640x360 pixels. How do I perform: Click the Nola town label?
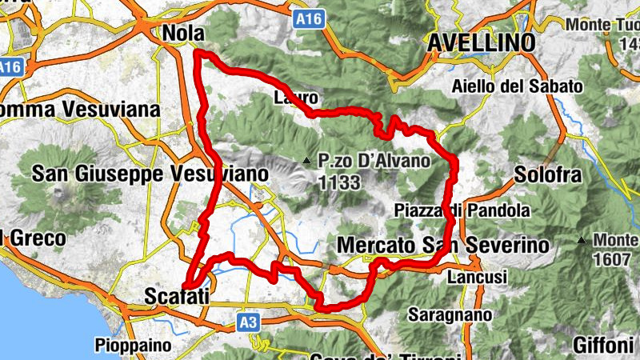pyautogui.click(x=184, y=33)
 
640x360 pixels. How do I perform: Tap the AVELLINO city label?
pyautogui.click(x=481, y=42)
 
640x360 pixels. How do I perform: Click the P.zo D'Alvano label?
pyautogui.click(x=374, y=161)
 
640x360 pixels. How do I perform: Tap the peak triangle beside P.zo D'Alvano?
pyautogui.click(x=306, y=162)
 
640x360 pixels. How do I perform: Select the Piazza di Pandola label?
pyautogui.click(x=462, y=211)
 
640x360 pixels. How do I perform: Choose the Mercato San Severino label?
pyautogui.click(x=443, y=244)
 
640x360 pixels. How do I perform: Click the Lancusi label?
pyautogui.click(x=478, y=276)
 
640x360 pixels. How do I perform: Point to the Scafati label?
pyautogui.click(x=178, y=297)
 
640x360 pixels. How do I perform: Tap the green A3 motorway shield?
pyautogui.click(x=249, y=322)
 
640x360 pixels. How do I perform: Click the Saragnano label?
pyautogui.click(x=450, y=315)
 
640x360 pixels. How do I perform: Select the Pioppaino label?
pyautogui.click(x=134, y=346)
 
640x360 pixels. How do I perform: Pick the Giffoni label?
pyautogui.click(x=603, y=346)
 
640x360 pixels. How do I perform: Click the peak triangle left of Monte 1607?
pyautogui.click(x=582, y=240)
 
